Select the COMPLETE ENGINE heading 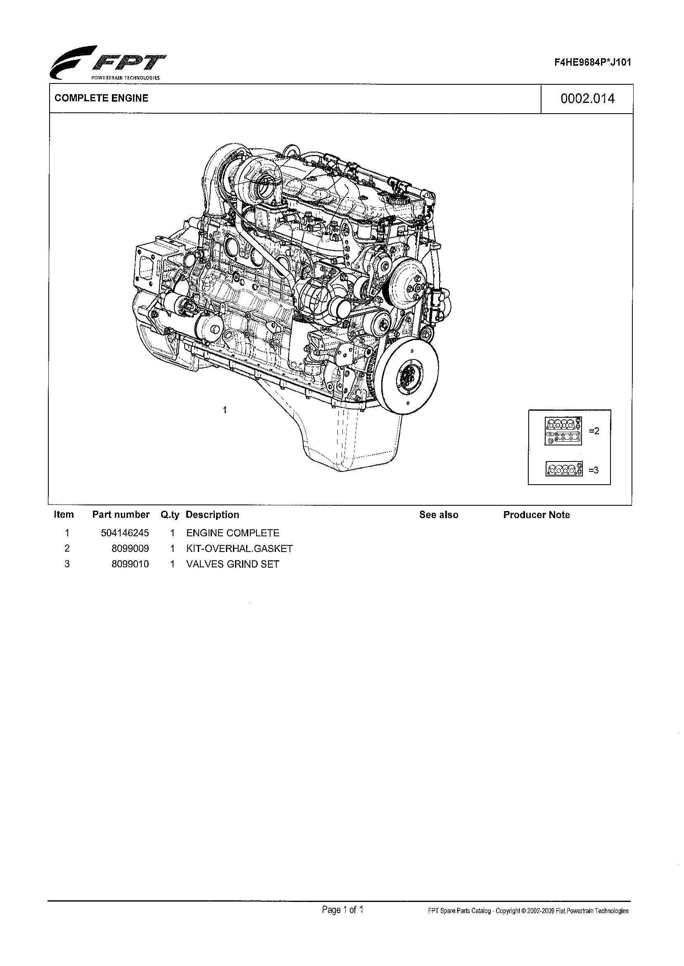[102, 98]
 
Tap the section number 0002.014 [587, 99]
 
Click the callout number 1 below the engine [226, 409]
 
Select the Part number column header [121, 514]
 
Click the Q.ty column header [170, 515]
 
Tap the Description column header [212, 514]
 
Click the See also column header [439, 515]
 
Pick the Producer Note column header [536, 515]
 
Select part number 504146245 [125, 533]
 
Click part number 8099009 [130, 549]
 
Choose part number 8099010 [130, 564]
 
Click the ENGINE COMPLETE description [233, 533]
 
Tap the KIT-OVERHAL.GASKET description [239, 549]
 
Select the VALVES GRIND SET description [233, 564]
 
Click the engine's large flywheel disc [407, 372]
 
